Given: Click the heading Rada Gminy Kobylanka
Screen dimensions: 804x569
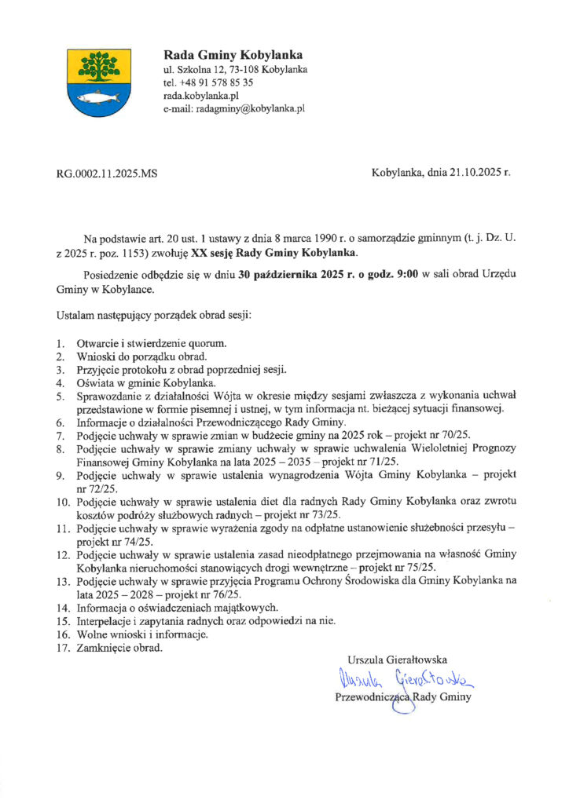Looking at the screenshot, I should [232, 55].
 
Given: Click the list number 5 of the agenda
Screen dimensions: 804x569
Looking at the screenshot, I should [60, 397].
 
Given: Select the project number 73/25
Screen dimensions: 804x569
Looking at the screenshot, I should [325, 513].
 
